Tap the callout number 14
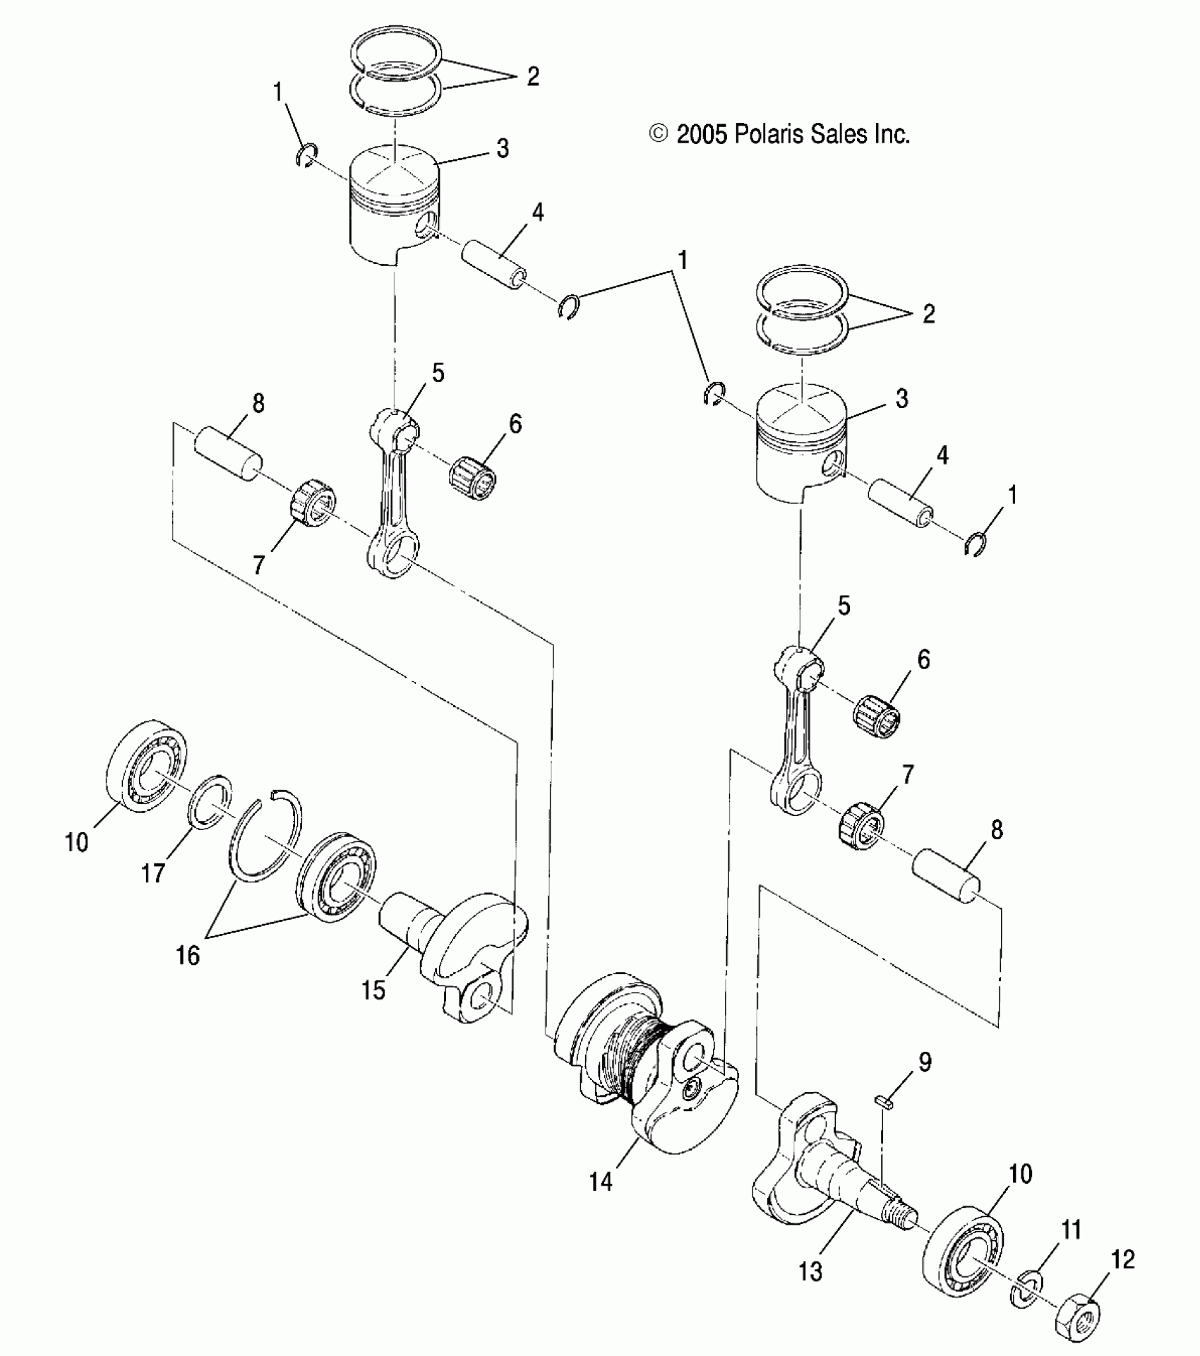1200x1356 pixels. (601, 1181)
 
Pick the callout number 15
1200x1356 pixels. (373, 990)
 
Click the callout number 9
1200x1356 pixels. (925, 1081)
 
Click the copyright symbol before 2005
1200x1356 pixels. (659, 133)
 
